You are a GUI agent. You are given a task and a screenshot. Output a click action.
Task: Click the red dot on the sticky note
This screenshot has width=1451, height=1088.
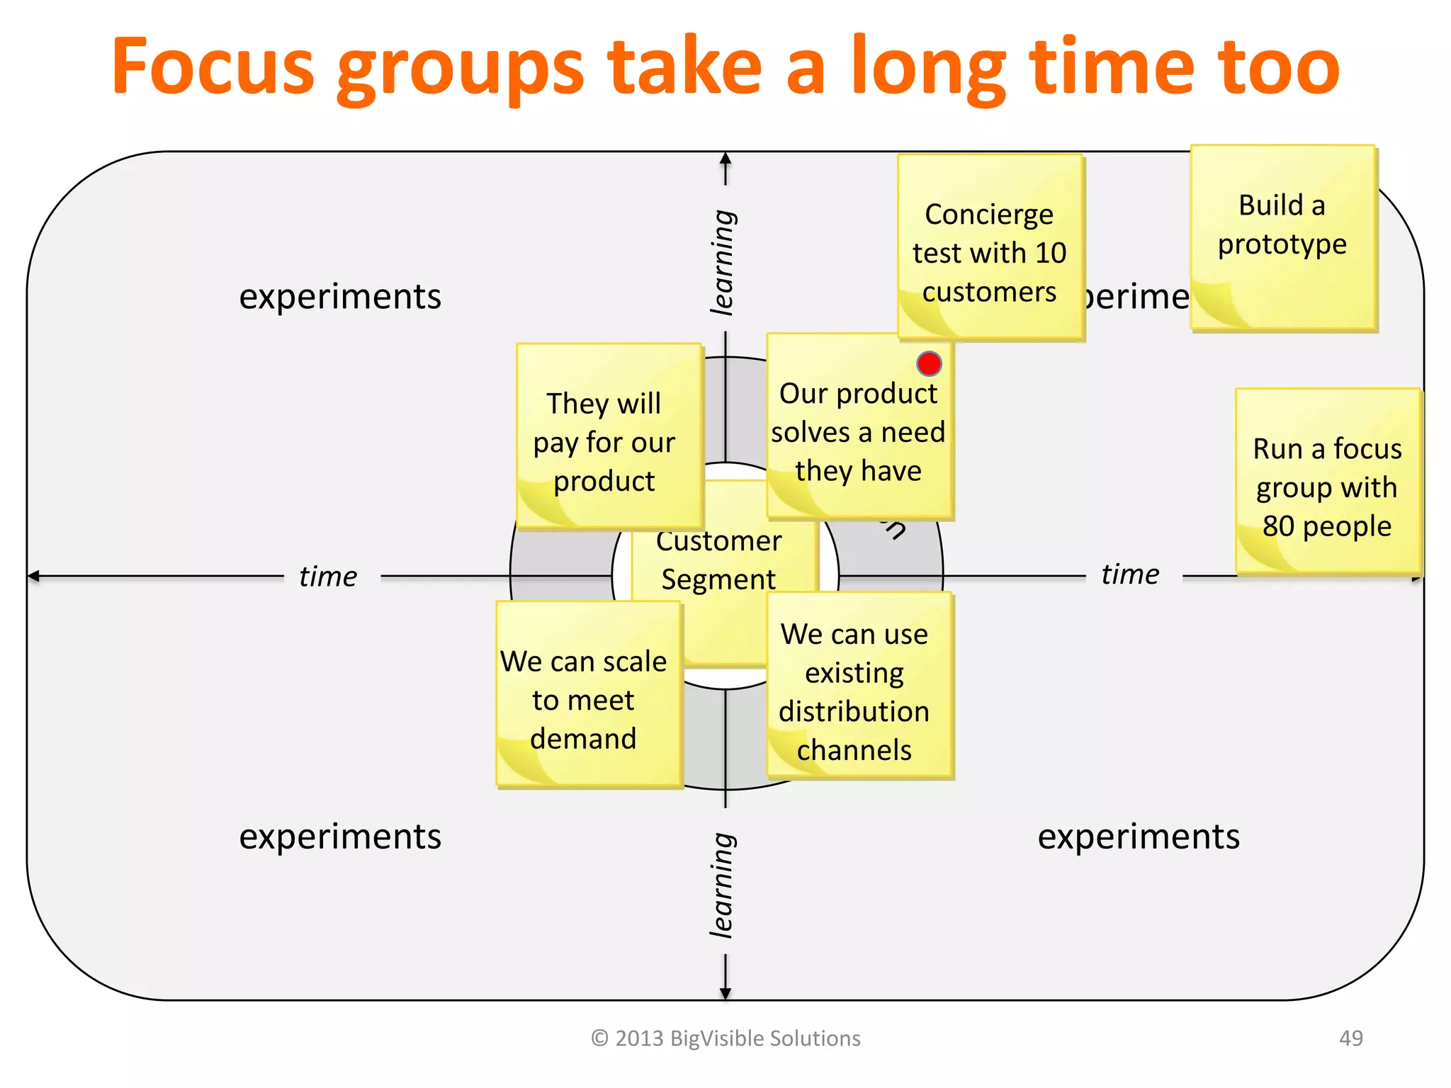(929, 363)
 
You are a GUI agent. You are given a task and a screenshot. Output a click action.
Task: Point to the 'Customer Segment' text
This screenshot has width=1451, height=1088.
(718, 560)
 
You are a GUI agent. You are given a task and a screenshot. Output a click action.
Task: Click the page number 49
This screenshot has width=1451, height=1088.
(1350, 1038)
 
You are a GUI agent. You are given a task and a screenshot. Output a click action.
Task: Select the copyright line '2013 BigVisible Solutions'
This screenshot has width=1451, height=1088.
(726, 1038)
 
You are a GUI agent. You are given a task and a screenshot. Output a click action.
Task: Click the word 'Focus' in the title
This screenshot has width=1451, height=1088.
(213, 67)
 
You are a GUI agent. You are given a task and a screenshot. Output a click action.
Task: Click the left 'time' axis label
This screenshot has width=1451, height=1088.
(328, 577)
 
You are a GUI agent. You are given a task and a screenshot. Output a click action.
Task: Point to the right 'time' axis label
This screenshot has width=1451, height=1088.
(1130, 574)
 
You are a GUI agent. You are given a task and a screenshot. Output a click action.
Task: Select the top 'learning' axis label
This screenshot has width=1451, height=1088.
(723, 262)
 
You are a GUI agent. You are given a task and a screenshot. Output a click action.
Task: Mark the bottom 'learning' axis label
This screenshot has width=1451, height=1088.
(723, 885)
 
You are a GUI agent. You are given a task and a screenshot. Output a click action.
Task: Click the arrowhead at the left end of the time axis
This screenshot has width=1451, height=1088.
(33, 577)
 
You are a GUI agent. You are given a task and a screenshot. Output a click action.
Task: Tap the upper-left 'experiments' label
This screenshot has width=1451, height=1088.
(340, 296)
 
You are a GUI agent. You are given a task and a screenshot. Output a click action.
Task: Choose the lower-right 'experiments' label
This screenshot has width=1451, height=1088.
(1139, 837)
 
